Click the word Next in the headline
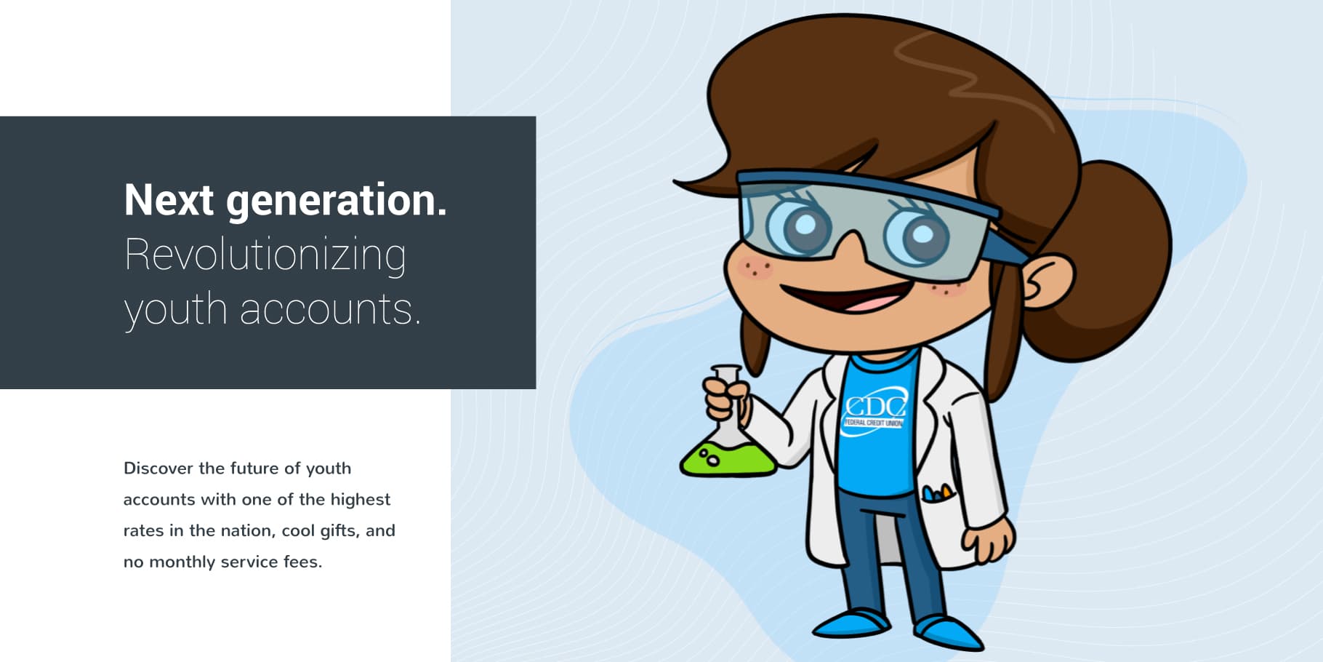(169, 199)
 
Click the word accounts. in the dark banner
(330, 309)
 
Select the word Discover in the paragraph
(158, 468)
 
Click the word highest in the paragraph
(361, 500)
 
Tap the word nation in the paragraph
(247, 531)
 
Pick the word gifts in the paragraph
(339, 531)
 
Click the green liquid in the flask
(727, 458)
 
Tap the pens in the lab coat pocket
(936, 492)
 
